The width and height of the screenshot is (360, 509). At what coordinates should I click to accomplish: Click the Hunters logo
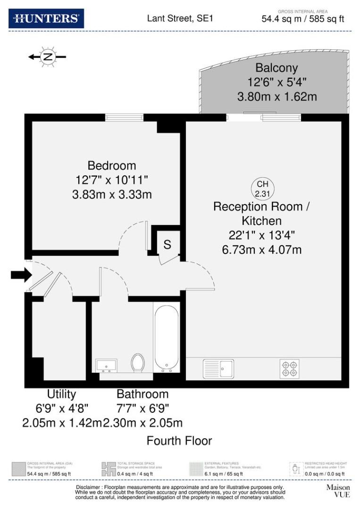(x=46, y=18)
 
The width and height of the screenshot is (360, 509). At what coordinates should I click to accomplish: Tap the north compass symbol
(x=47, y=57)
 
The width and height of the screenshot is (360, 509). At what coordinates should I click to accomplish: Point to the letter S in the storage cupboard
(x=167, y=245)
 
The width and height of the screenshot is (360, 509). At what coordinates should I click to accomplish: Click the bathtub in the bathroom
(x=166, y=336)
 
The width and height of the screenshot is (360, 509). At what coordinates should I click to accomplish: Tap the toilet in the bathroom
(x=138, y=363)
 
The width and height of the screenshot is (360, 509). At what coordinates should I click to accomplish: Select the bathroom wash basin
(x=106, y=365)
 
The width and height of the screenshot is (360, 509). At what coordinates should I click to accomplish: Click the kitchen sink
(x=218, y=368)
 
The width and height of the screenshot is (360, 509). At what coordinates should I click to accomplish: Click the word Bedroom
(x=112, y=166)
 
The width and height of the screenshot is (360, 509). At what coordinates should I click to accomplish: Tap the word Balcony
(x=276, y=68)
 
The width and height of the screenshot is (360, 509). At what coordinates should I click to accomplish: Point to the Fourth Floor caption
(x=179, y=441)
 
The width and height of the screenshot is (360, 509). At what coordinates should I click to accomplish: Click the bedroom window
(x=124, y=117)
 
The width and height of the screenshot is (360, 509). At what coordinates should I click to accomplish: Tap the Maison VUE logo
(x=338, y=491)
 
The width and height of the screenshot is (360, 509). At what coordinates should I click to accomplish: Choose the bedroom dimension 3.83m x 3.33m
(x=112, y=194)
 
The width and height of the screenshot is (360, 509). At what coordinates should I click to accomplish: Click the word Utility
(x=61, y=394)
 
